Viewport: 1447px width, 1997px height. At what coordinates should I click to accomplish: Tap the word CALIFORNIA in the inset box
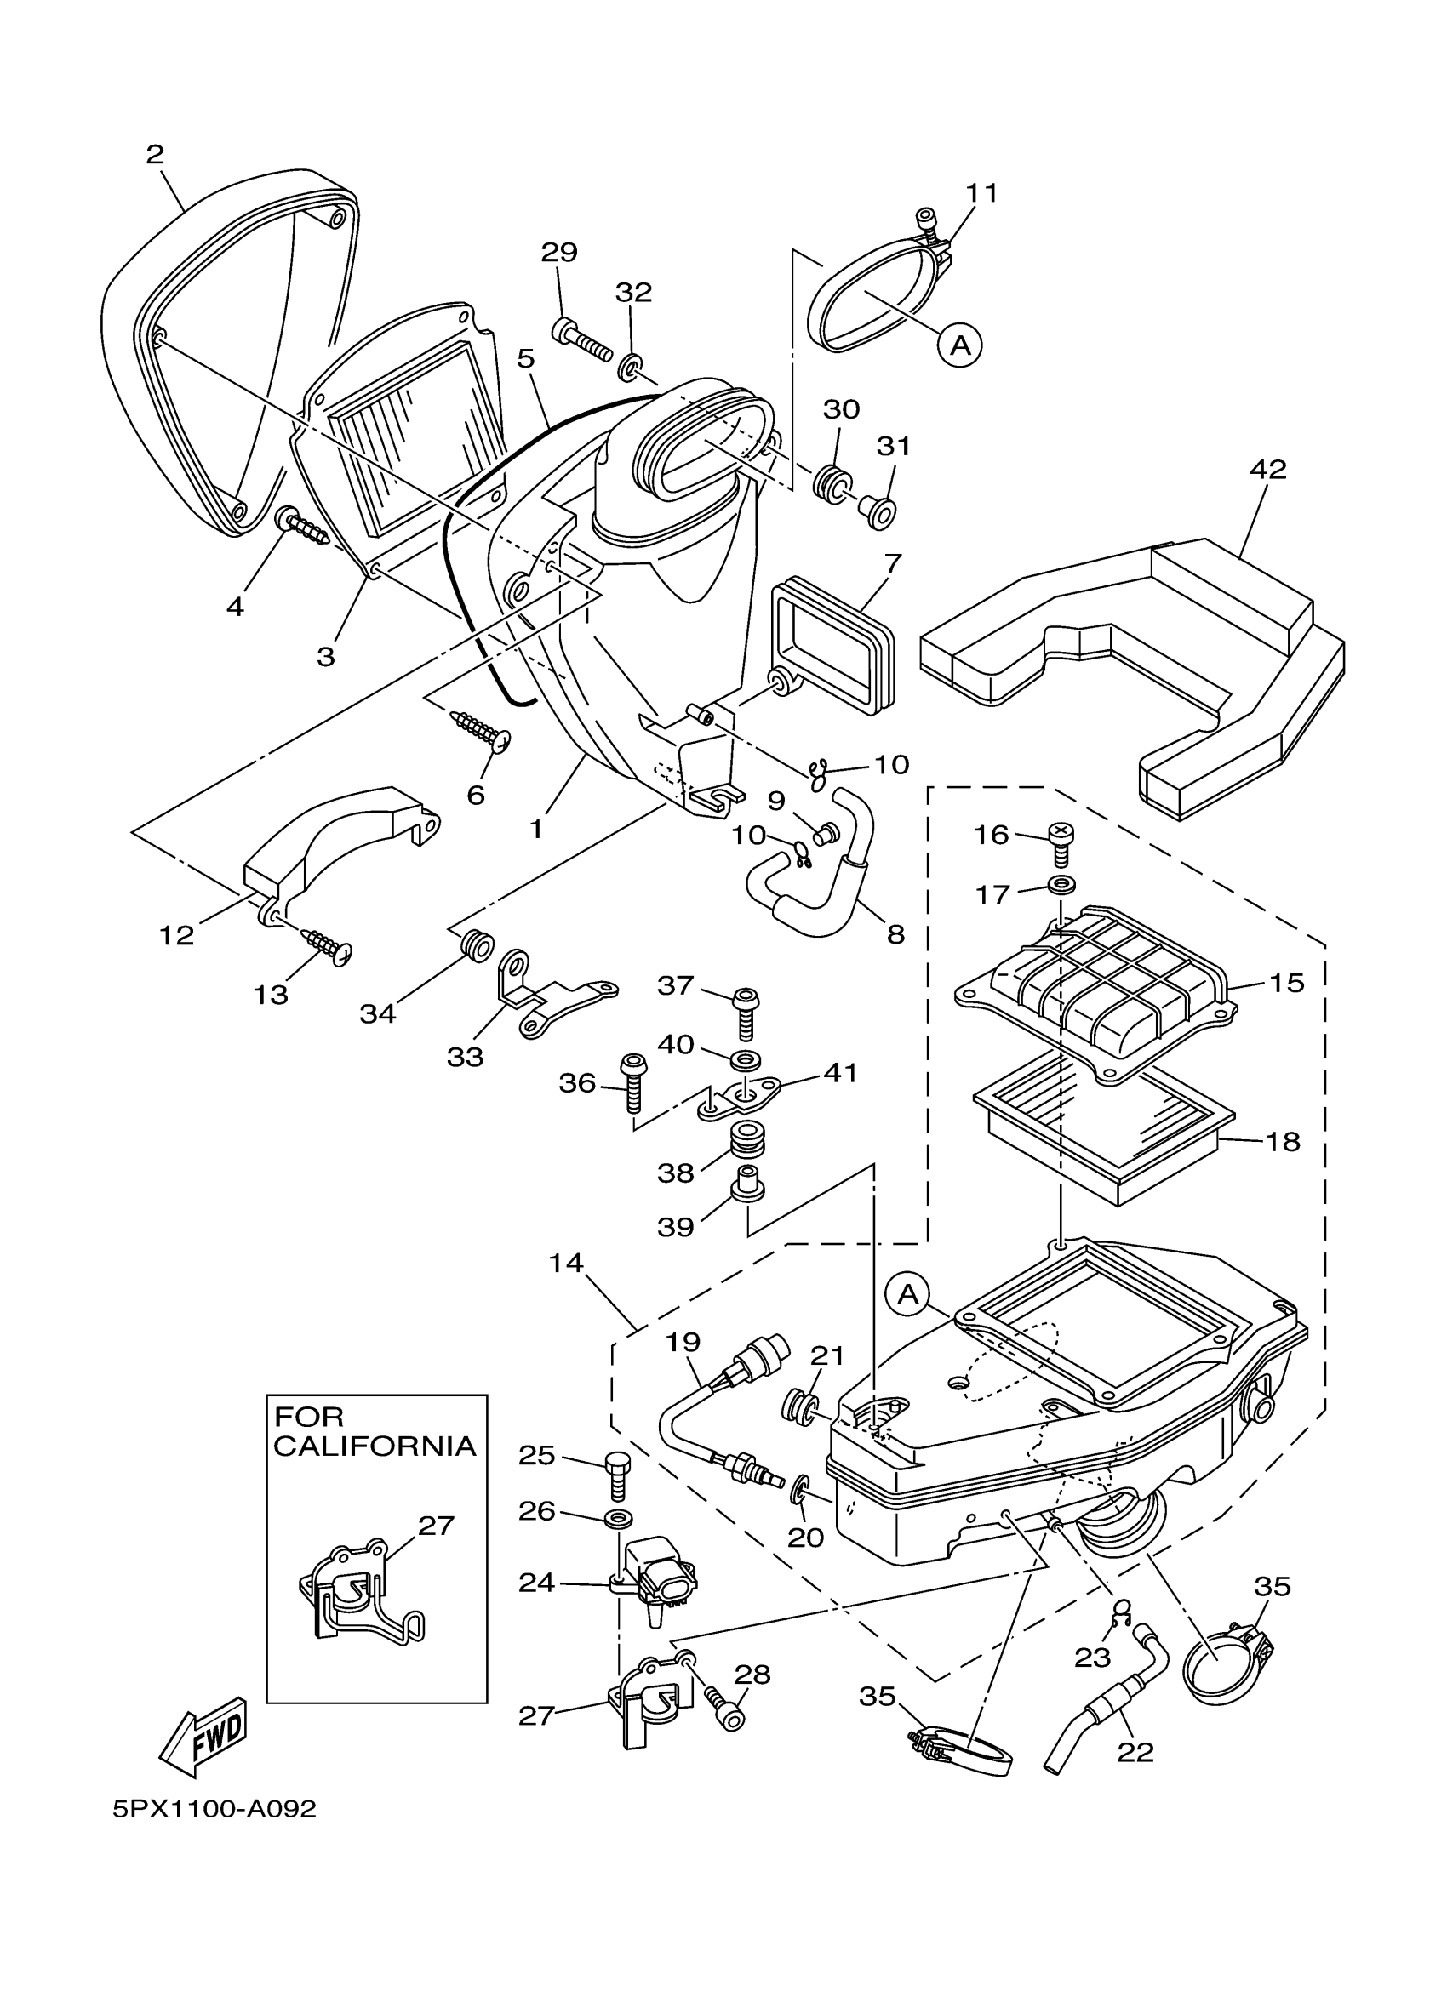coord(375,1446)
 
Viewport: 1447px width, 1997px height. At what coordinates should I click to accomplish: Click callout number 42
coord(1268,469)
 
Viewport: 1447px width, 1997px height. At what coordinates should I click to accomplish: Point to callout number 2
coord(155,155)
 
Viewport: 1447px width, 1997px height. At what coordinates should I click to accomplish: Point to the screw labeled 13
coord(328,944)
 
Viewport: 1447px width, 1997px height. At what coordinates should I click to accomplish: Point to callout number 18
coord(1283,1141)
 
